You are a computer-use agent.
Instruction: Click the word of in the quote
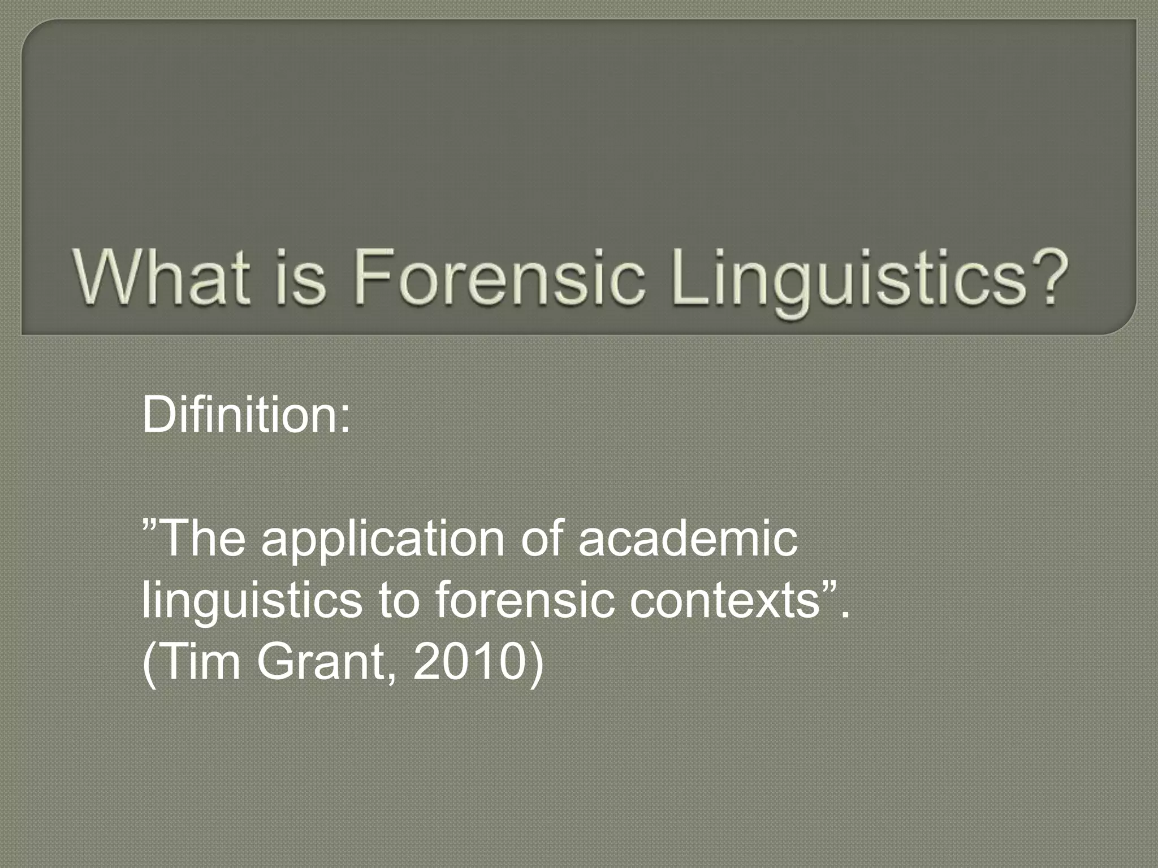coord(541,538)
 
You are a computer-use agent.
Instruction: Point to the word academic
coord(688,538)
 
